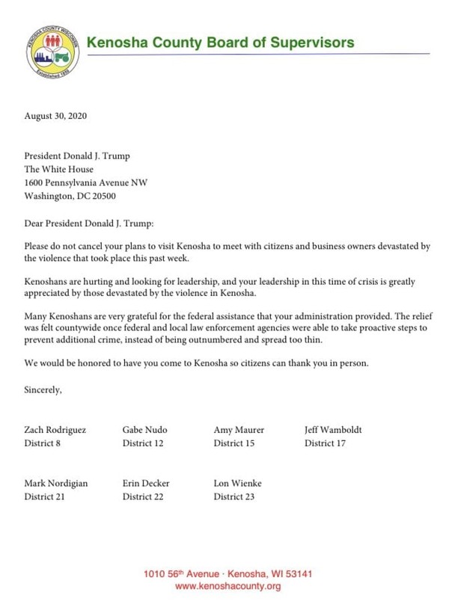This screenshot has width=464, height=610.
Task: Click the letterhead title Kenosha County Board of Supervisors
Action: (220, 43)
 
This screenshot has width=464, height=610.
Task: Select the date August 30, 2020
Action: (55, 116)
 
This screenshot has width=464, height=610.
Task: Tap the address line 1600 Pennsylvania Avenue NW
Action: (85, 183)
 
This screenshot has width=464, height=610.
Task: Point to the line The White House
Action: (59, 170)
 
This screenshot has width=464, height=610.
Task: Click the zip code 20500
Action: (103, 197)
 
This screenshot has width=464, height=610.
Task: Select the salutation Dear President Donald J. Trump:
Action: (88, 223)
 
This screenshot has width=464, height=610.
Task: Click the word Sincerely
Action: (43, 390)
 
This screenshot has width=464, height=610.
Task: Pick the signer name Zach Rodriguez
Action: (55, 430)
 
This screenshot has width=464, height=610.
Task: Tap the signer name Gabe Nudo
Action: (144, 430)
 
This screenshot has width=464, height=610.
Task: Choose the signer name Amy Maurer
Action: (239, 430)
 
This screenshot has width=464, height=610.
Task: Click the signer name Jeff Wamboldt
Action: (333, 430)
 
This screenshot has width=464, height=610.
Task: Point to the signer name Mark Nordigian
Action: (55, 483)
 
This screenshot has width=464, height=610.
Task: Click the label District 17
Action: (325, 443)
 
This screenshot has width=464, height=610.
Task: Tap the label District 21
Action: (44, 496)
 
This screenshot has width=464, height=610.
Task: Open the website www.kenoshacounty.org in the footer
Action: (228, 587)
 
